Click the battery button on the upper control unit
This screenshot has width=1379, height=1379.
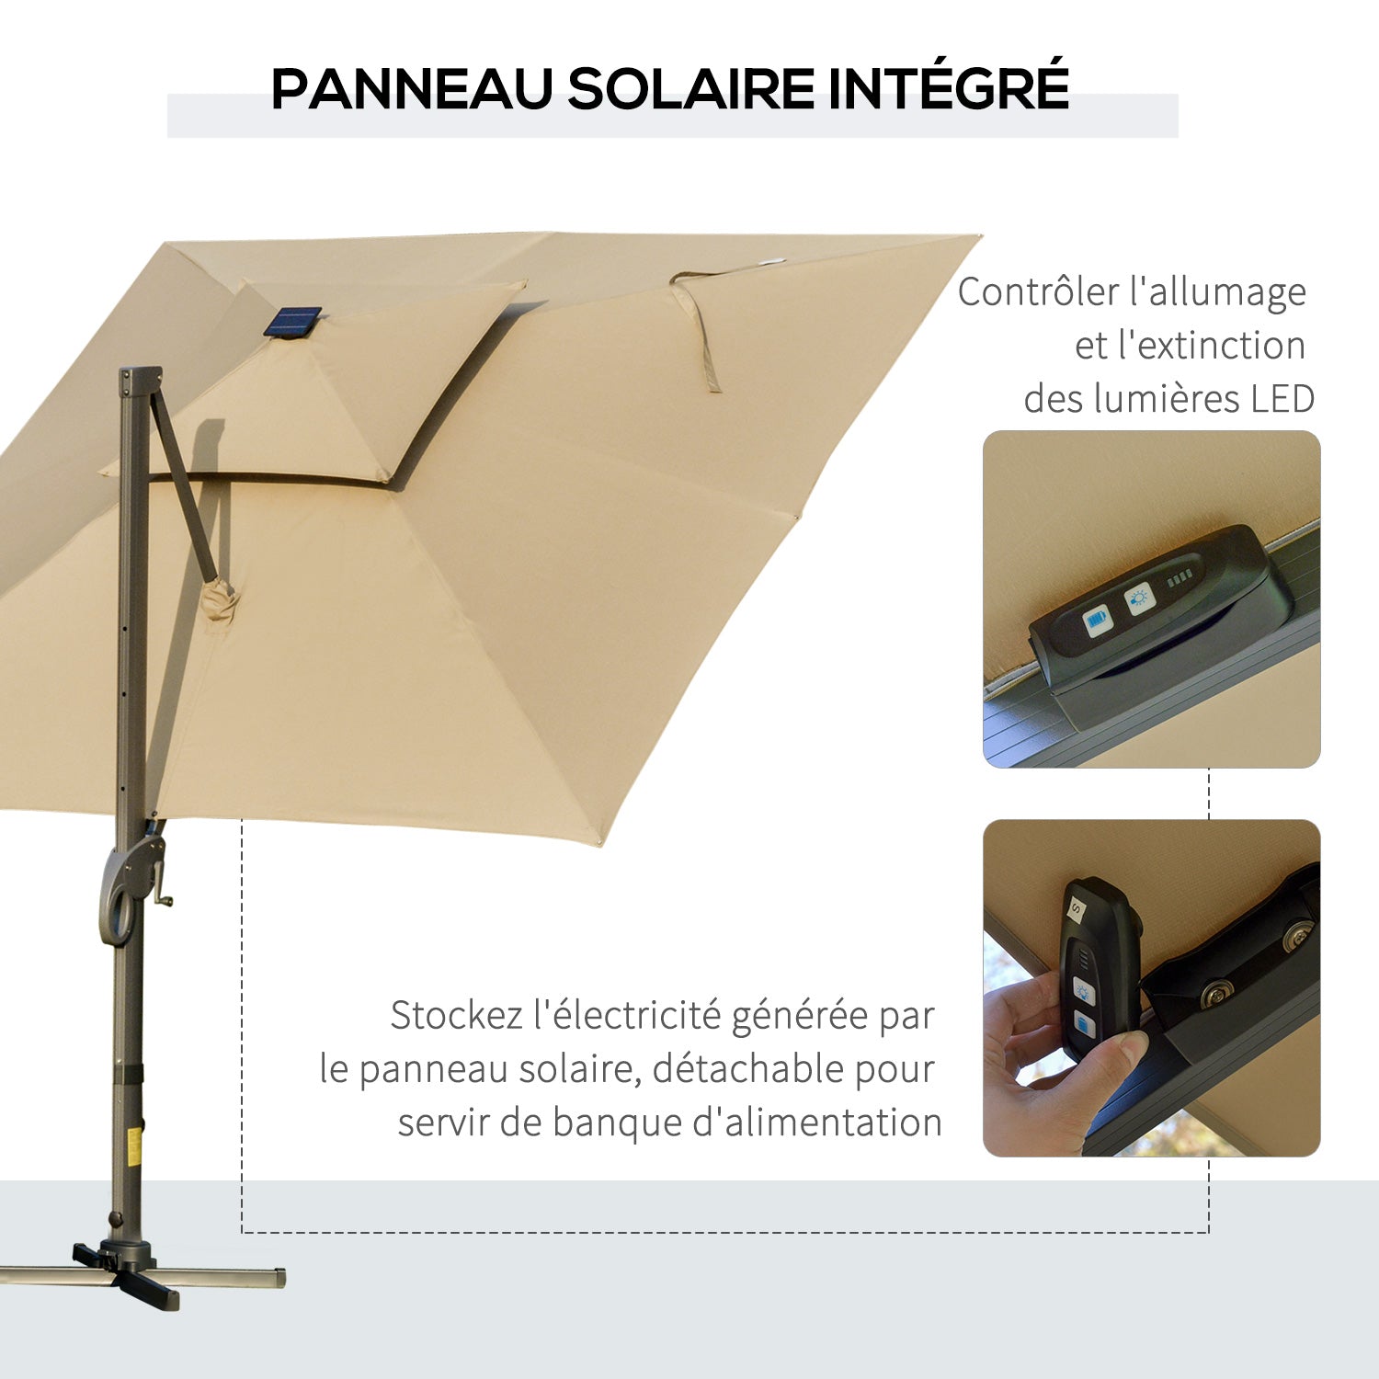point(1097,622)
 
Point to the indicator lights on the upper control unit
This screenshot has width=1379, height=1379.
point(1180,578)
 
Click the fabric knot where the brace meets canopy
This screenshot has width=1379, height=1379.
point(220,602)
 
